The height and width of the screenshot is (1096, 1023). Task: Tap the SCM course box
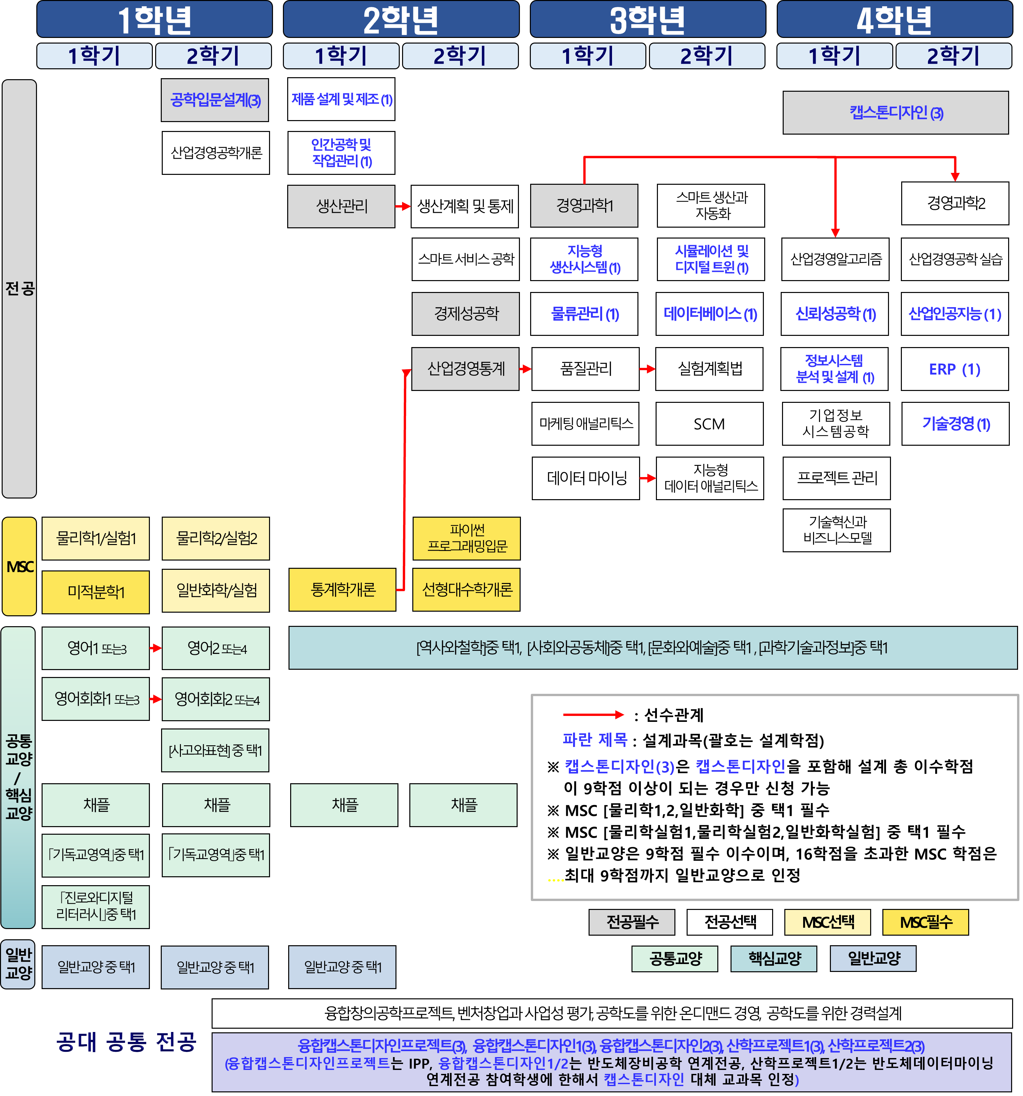[709, 423]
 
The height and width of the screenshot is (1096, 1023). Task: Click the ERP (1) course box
[955, 369]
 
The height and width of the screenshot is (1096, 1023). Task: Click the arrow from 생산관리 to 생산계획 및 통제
[403, 206]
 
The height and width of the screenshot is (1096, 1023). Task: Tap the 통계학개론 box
[342, 589]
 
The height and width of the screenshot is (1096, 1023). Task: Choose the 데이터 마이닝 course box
[586, 478]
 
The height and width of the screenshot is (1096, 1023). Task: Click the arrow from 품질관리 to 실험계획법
[647, 369]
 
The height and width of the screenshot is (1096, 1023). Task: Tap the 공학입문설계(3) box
[215, 100]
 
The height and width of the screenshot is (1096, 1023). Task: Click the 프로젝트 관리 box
[836, 478]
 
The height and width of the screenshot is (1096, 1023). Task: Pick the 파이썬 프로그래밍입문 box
[466, 538]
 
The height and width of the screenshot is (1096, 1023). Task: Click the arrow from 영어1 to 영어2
[155, 648]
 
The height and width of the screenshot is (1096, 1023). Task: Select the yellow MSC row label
[19, 566]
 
